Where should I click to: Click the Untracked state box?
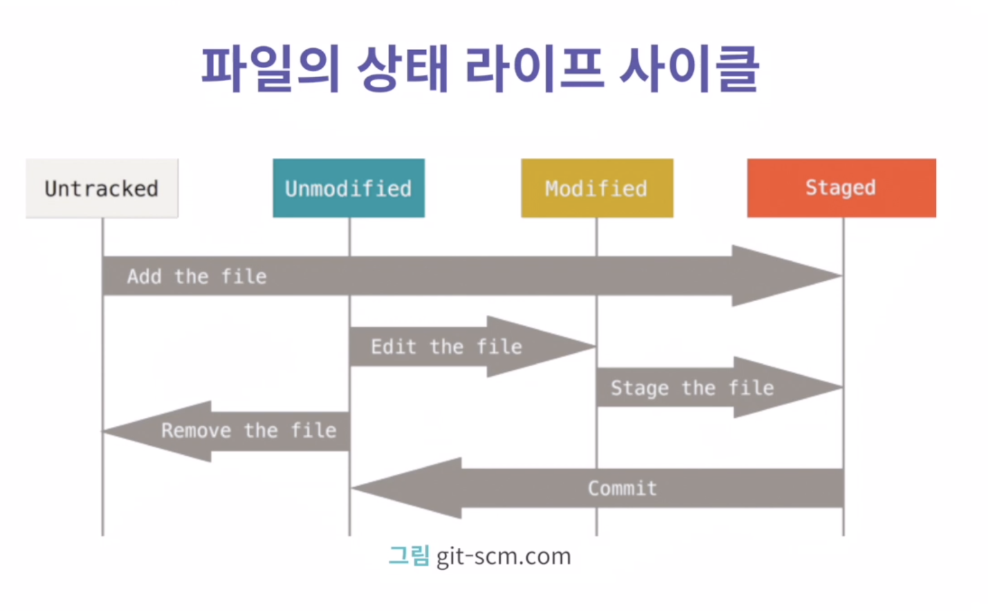point(102,188)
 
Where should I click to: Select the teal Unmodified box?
point(349,188)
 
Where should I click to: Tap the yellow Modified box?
point(597,188)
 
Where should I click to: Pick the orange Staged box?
point(841,188)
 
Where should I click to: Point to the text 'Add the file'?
point(197,277)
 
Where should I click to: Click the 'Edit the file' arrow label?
point(446,347)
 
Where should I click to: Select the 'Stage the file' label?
point(692,388)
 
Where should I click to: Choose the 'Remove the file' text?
point(249,430)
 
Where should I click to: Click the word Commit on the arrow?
point(623,488)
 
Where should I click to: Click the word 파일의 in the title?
point(271,69)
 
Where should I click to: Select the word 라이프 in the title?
point(534,69)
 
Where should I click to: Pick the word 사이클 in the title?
point(689,69)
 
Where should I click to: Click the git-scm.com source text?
point(504,556)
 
